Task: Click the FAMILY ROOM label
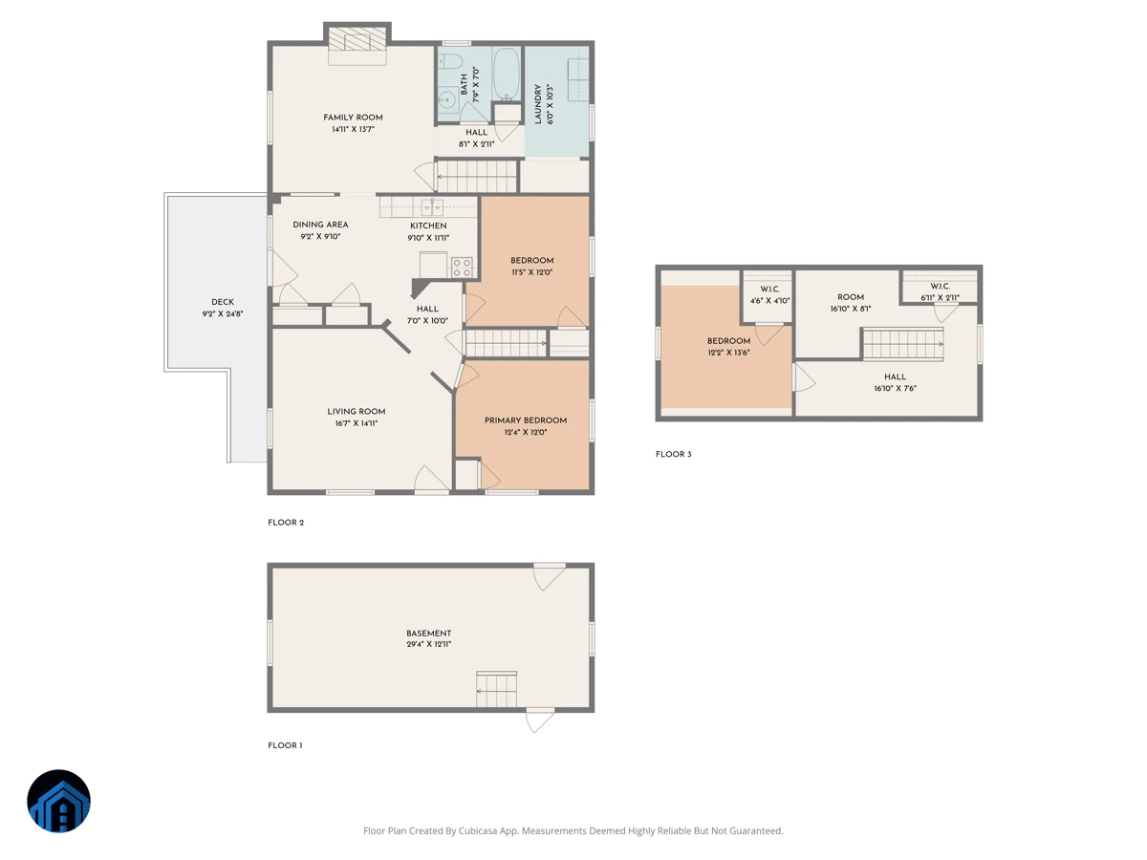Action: [x=353, y=118]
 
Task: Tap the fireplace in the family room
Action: [x=357, y=44]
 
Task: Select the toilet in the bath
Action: [x=449, y=61]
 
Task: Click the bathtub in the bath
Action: [x=506, y=75]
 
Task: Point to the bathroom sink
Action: [x=447, y=99]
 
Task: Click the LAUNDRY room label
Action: [x=538, y=104]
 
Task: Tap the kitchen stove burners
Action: [x=462, y=268]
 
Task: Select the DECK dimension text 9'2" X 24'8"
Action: [x=223, y=313]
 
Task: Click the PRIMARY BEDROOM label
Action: [x=525, y=420]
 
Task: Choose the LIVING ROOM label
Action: [x=357, y=412]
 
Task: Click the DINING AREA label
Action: [x=320, y=225]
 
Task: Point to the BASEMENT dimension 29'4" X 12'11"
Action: [x=428, y=644]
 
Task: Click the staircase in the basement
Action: [x=496, y=689]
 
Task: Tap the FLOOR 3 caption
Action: [x=674, y=454]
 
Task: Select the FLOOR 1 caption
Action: [x=285, y=745]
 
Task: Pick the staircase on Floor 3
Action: [x=903, y=344]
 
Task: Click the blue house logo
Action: [x=58, y=801]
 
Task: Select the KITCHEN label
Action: [x=428, y=226]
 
